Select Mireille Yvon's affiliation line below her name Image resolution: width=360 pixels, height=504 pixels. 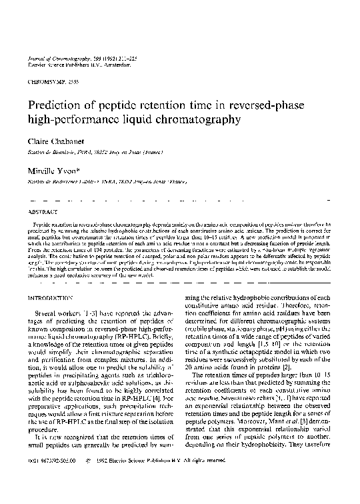coord(100,181)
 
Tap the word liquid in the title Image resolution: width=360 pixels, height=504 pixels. coord(137,120)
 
